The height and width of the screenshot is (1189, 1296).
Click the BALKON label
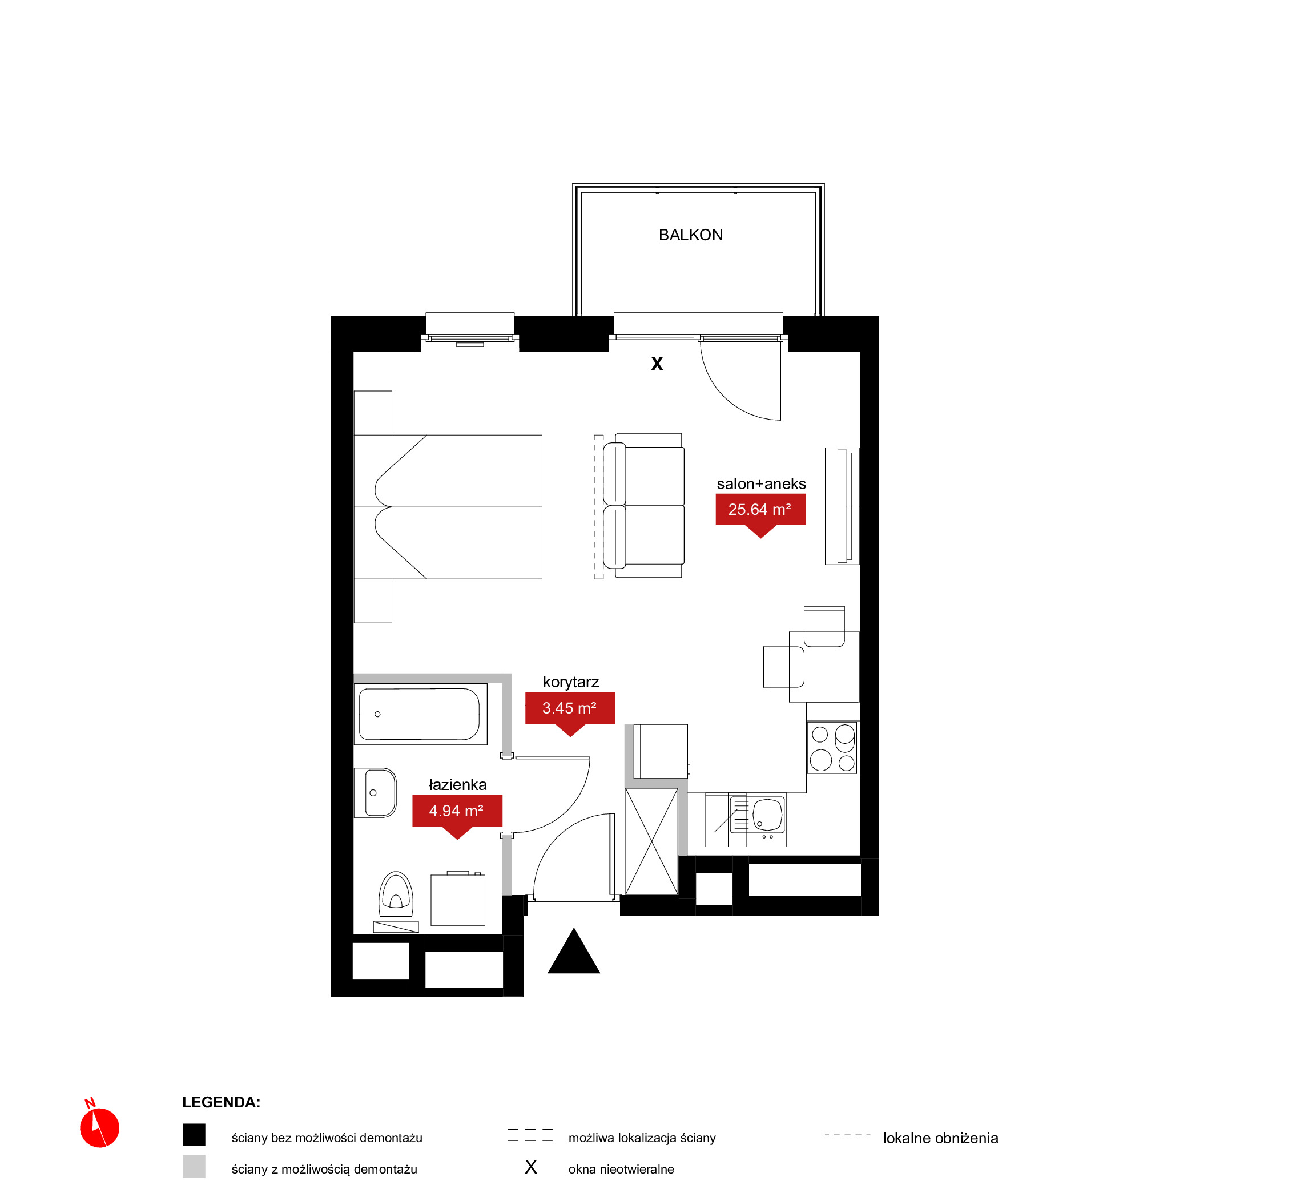(690, 235)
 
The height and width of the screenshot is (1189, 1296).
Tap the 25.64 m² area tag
(760, 510)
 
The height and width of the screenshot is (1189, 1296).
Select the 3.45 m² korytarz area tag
(570, 709)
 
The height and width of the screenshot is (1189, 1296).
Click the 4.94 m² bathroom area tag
(457, 812)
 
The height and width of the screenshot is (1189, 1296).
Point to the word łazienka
(457, 784)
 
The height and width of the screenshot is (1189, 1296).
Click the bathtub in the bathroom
(420, 714)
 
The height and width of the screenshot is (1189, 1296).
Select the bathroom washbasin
(375, 793)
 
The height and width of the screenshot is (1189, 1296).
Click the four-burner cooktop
(832, 747)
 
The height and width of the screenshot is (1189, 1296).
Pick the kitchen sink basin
(767, 815)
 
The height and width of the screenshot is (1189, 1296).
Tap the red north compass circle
(100, 1127)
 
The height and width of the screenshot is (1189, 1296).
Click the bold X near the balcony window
(657, 364)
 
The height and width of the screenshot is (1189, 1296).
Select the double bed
(448, 507)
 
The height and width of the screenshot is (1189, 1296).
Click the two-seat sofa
(643, 506)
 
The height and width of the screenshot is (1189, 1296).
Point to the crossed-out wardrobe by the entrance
(651, 841)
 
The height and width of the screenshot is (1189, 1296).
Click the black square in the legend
(194, 1135)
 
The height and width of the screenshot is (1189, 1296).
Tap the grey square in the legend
(194, 1167)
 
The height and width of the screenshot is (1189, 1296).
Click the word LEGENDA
(221, 1102)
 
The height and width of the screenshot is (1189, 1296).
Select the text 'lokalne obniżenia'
(940, 1138)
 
